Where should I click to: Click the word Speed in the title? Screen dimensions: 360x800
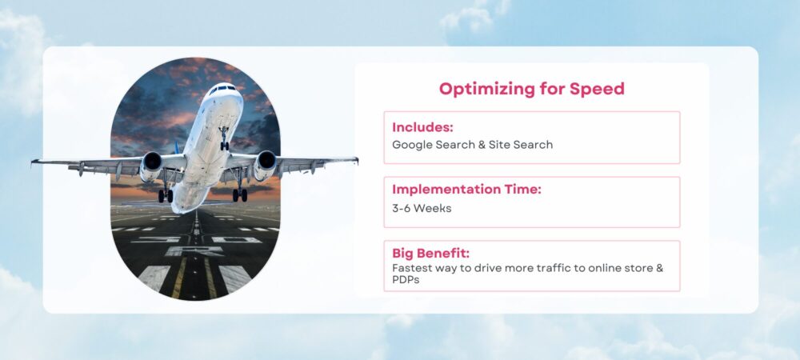(x=597, y=89)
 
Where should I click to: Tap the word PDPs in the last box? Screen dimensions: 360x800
(x=407, y=281)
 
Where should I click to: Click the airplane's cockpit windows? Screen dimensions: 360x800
(x=222, y=89)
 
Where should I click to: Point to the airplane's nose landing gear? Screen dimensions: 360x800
(x=224, y=142)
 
